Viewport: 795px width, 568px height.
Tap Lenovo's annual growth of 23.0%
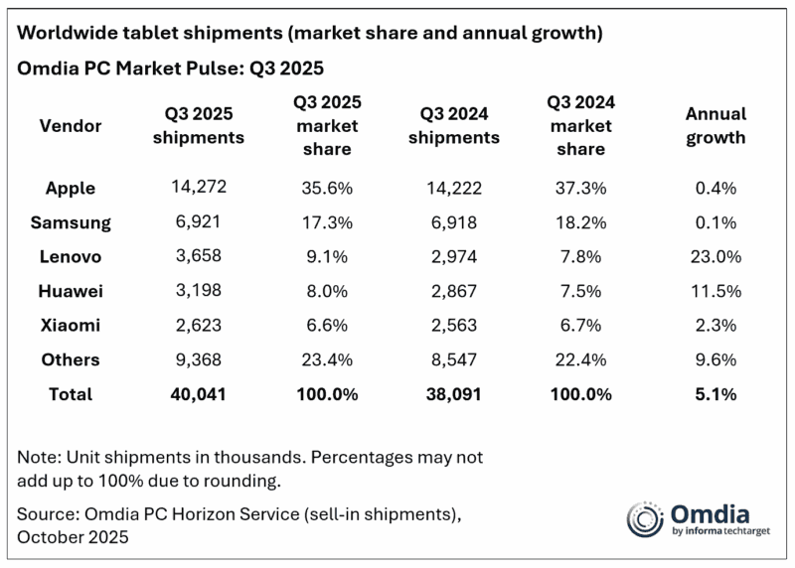(x=715, y=255)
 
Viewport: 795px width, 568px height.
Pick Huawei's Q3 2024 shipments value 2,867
(x=451, y=290)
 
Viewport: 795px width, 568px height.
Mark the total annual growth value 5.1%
(x=715, y=394)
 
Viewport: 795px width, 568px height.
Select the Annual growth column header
(x=715, y=126)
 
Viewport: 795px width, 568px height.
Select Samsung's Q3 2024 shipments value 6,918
(x=451, y=221)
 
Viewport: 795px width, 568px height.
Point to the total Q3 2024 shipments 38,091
(x=451, y=394)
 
